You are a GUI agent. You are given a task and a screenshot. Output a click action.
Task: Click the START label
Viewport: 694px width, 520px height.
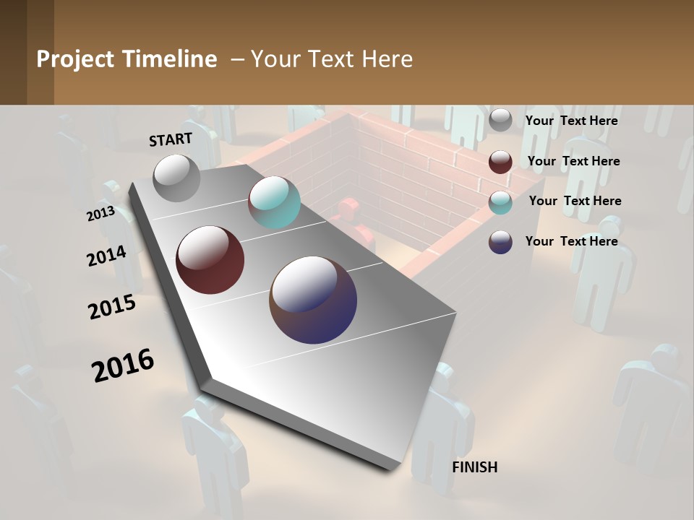[171, 139]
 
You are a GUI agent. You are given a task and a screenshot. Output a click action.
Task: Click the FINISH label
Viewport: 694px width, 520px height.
[474, 467]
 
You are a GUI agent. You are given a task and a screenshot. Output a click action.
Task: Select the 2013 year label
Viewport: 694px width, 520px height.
[100, 214]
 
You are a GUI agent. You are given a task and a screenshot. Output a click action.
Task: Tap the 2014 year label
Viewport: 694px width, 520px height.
[107, 256]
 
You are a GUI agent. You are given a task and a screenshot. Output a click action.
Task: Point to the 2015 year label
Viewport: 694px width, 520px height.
[112, 307]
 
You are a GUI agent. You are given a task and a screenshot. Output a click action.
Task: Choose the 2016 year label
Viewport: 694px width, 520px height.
[123, 365]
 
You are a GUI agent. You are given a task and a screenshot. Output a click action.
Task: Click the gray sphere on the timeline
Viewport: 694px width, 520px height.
[177, 178]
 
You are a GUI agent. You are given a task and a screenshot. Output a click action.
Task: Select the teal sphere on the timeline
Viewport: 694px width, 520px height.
[274, 202]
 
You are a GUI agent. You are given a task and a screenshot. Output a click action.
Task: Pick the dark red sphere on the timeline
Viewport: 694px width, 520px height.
[210, 259]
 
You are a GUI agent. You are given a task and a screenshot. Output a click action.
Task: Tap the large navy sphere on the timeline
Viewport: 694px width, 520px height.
[313, 300]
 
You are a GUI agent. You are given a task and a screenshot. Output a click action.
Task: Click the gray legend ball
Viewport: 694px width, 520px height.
[500, 121]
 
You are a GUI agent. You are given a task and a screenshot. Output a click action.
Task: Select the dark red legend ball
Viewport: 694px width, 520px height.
[500, 162]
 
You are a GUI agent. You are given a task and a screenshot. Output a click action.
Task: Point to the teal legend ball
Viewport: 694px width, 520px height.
[500, 201]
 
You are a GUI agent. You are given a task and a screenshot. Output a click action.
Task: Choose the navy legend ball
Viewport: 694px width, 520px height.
[500, 241]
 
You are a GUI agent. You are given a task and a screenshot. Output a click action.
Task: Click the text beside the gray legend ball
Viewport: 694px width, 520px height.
[571, 121]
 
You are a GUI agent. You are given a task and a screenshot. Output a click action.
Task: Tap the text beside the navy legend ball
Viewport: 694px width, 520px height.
[571, 241]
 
